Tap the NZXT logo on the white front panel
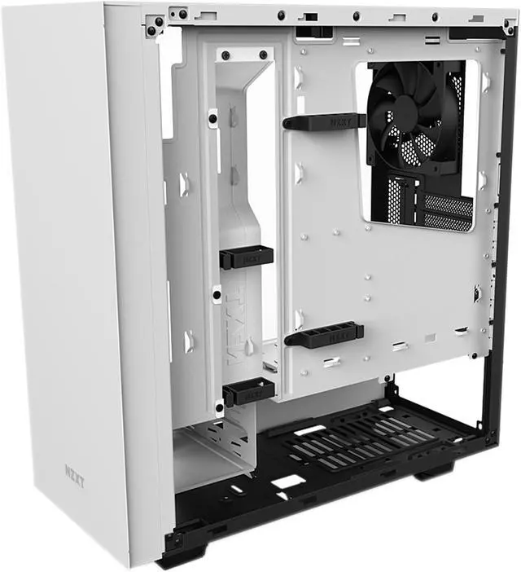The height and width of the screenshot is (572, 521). click(75, 472)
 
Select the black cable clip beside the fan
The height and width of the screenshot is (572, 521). click(323, 121)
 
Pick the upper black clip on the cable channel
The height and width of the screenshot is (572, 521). click(246, 257)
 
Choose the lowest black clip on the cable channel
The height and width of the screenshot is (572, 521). click(247, 393)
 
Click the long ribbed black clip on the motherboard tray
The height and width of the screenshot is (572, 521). click(324, 335)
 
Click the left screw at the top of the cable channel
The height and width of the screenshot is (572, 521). click(225, 55)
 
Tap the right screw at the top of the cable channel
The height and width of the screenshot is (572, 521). click(263, 55)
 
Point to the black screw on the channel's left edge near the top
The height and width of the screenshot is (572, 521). click(212, 118)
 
